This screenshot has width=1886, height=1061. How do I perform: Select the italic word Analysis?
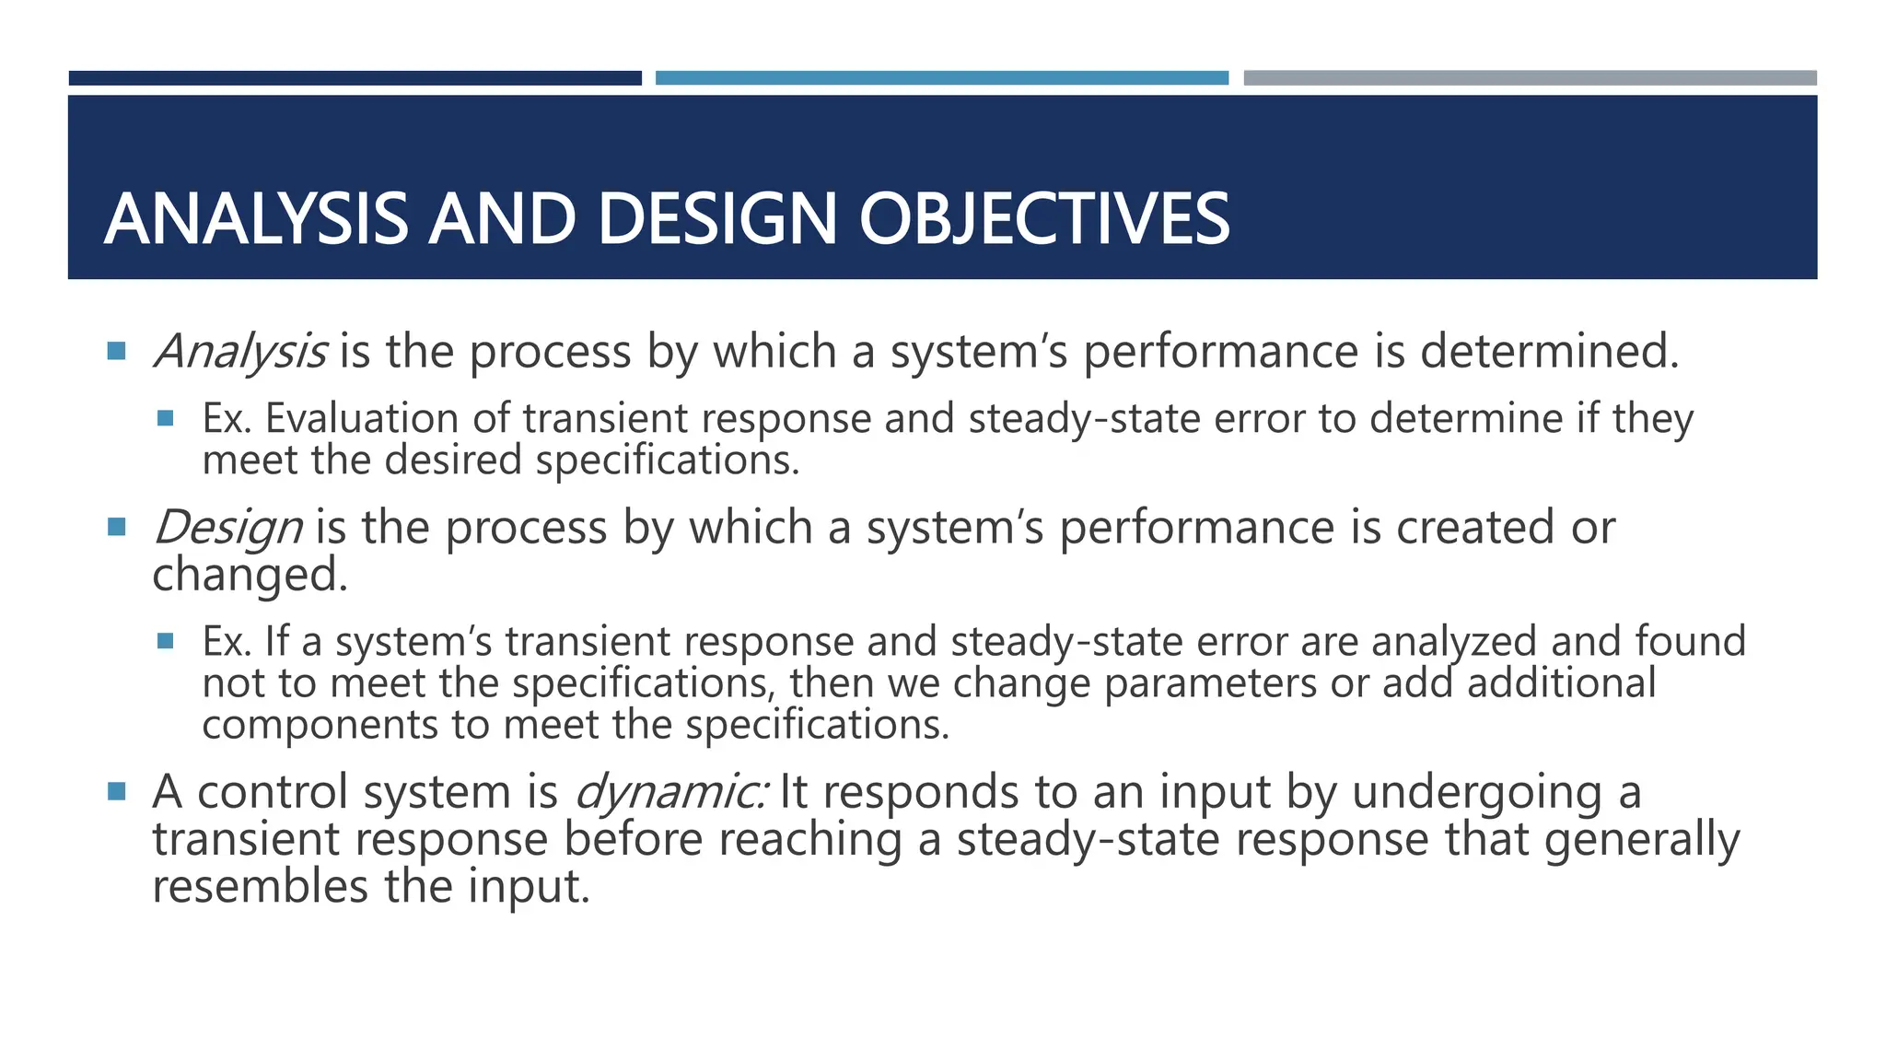pyautogui.click(x=239, y=352)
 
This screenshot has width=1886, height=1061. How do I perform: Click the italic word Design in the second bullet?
pyautogui.click(x=227, y=528)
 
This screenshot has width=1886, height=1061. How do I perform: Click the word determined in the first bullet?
pyautogui.click(x=1550, y=352)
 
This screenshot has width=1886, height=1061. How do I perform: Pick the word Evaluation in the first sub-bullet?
pyautogui.click(x=362, y=419)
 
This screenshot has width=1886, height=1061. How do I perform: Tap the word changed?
pyautogui.click(x=250, y=576)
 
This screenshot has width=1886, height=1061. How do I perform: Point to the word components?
pyautogui.click(x=320, y=725)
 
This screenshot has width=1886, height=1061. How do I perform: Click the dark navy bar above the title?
pyautogui.click(x=355, y=78)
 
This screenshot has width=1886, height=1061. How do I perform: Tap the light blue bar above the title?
pyautogui.click(x=941, y=78)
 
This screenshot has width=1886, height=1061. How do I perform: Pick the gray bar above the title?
pyautogui.click(x=1530, y=78)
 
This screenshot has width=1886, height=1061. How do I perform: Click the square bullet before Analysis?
pyautogui.click(x=116, y=351)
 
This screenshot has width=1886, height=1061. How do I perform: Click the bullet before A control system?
pyautogui.click(x=116, y=791)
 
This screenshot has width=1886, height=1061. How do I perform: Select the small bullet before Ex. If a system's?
pyautogui.click(x=166, y=641)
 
